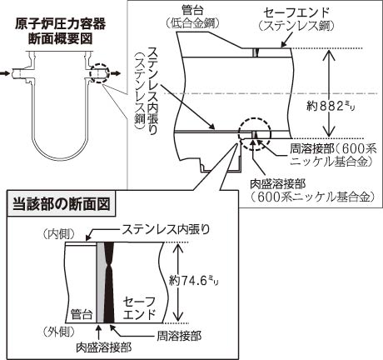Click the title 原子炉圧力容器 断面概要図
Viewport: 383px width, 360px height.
click(60, 31)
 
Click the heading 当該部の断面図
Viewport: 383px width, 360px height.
click(62, 204)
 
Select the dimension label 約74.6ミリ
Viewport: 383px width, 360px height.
click(194, 281)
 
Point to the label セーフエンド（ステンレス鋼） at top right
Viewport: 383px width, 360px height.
click(296, 19)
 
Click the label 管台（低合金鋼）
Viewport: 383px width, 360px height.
click(193, 17)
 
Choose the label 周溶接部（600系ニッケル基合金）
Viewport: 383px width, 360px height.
click(333, 155)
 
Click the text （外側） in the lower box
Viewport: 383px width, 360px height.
click(59, 331)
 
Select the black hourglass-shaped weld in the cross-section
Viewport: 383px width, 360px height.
click(109, 282)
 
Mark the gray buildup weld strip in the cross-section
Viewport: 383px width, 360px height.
click(101, 282)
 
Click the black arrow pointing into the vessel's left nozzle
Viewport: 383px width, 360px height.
click(5, 73)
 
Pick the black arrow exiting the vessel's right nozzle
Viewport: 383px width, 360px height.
click(116, 73)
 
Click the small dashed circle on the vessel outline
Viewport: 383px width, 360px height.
click(98, 73)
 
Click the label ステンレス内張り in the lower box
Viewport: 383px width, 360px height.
click(166, 230)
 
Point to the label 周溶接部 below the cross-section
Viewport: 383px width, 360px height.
click(179, 336)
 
